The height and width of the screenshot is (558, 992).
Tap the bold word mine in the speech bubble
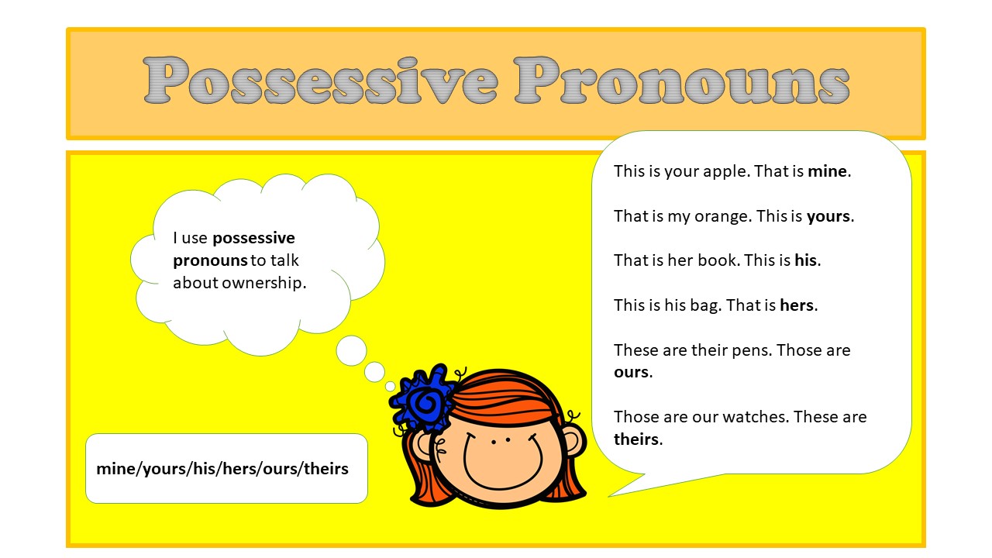click(828, 171)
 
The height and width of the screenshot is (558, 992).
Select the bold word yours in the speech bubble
click(828, 216)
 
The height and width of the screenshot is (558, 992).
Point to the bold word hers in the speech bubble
click(797, 305)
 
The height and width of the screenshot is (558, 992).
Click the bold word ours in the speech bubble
click(631, 372)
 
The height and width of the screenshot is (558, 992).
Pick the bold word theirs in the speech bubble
click(635, 439)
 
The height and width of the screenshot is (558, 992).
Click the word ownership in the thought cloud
click(263, 283)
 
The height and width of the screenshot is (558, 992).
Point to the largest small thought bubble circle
click(351, 350)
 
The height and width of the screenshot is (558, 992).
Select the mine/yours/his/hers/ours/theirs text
click(222, 469)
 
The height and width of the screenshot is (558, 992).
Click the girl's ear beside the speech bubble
click(573, 445)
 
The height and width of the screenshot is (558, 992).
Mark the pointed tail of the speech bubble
click(616, 491)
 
